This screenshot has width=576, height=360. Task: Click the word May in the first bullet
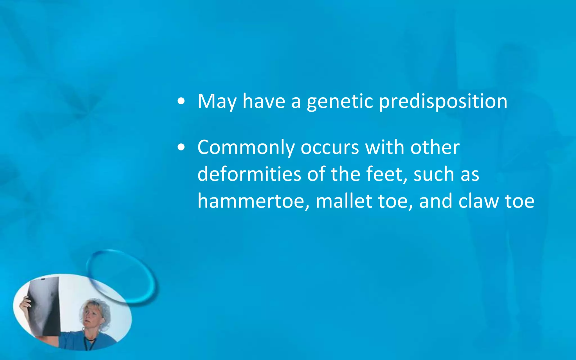tap(217, 101)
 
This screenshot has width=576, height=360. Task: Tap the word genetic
tap(340, 101)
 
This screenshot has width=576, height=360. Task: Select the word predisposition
tap(443, 101)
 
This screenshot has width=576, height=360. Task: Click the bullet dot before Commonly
tap(181, 147)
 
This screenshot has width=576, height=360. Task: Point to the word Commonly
tap(246, 148)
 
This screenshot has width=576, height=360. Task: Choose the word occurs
tap(330, 148)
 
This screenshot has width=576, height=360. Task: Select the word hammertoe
tap(251, 201)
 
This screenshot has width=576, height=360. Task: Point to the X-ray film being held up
tap(45, 305)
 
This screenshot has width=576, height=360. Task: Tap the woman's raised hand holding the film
tap(25, 304)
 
